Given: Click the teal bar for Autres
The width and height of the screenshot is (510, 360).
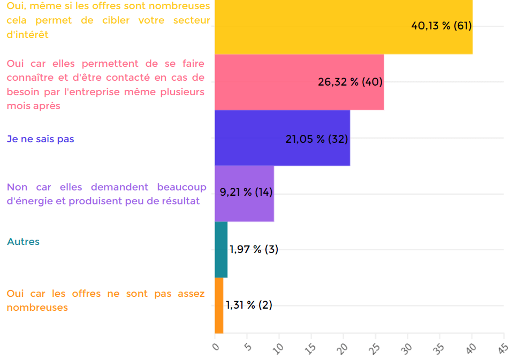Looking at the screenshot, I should [221, 249].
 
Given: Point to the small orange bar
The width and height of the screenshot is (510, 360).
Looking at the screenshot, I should [219, 305].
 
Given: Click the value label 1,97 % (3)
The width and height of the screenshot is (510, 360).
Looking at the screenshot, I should [254, 249].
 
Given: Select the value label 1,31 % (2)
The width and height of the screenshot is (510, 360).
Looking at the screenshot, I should [249, 305].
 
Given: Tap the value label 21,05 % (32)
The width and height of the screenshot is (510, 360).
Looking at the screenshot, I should [317, 139].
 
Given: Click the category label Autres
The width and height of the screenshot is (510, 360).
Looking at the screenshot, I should [23, 241].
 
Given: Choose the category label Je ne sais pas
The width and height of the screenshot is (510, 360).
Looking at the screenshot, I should [40, 139].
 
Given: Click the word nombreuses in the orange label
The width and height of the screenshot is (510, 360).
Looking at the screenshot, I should [37, 308].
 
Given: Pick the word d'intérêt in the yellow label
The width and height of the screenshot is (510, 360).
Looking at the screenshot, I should [27, 35].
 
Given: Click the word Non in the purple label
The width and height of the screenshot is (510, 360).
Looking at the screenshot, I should [17, 187].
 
